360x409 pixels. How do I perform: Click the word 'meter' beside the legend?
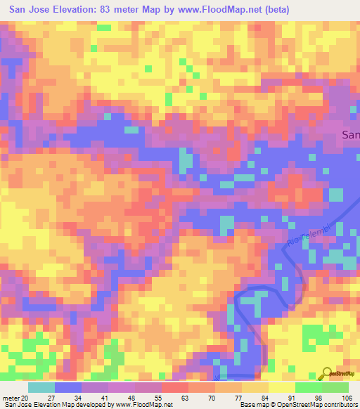[11, 397]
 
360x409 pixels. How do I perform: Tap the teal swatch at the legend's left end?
[41, 387]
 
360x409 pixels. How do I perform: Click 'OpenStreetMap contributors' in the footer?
[321, 405]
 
